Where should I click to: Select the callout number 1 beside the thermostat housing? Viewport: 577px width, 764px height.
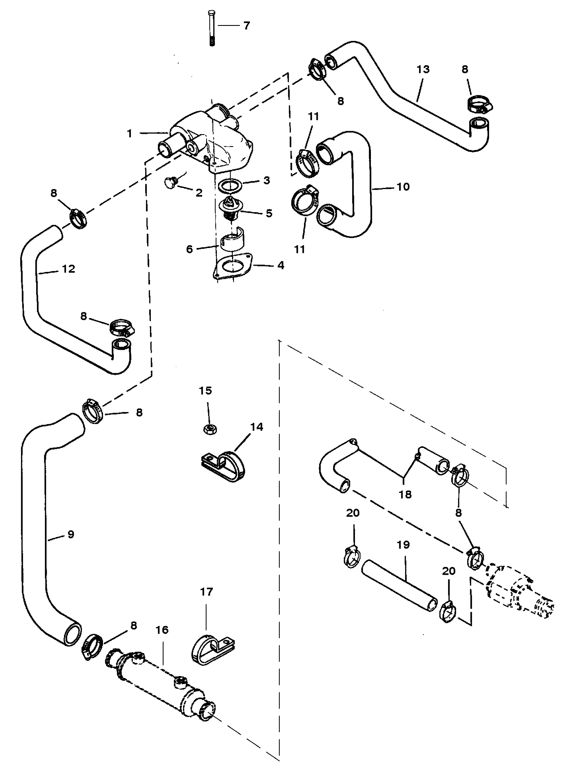tap(130, 133)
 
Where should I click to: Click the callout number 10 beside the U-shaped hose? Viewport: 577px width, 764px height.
tap(403, 187)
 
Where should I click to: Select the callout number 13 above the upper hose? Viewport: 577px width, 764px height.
tap(423, 69)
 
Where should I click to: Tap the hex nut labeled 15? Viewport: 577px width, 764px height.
tap(209, 429)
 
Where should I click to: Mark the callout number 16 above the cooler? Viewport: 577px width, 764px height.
tap(162, 630)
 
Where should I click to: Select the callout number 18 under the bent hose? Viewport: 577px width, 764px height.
tap(405, 494)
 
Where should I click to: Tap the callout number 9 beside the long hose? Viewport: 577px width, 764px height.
tap(70, 534)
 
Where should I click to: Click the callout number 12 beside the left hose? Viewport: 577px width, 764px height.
tap(68, 269)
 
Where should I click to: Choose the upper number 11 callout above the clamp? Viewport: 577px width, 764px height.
tap(313, 116)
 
